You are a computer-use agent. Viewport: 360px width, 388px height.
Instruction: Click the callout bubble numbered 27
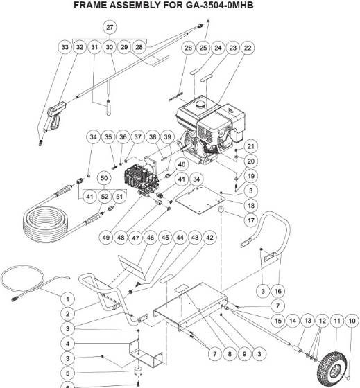(110, 28)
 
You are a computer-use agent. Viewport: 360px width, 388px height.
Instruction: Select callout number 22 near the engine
(248, 48)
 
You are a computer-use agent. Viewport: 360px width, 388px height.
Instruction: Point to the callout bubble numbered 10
(352, 321)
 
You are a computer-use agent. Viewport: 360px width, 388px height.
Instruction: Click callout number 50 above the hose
(105, 179)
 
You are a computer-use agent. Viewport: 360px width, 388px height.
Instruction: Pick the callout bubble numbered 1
(67, 299)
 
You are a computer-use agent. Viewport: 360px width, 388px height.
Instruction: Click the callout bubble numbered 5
(67, 373)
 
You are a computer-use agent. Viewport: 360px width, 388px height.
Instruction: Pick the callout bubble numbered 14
(291, 321)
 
